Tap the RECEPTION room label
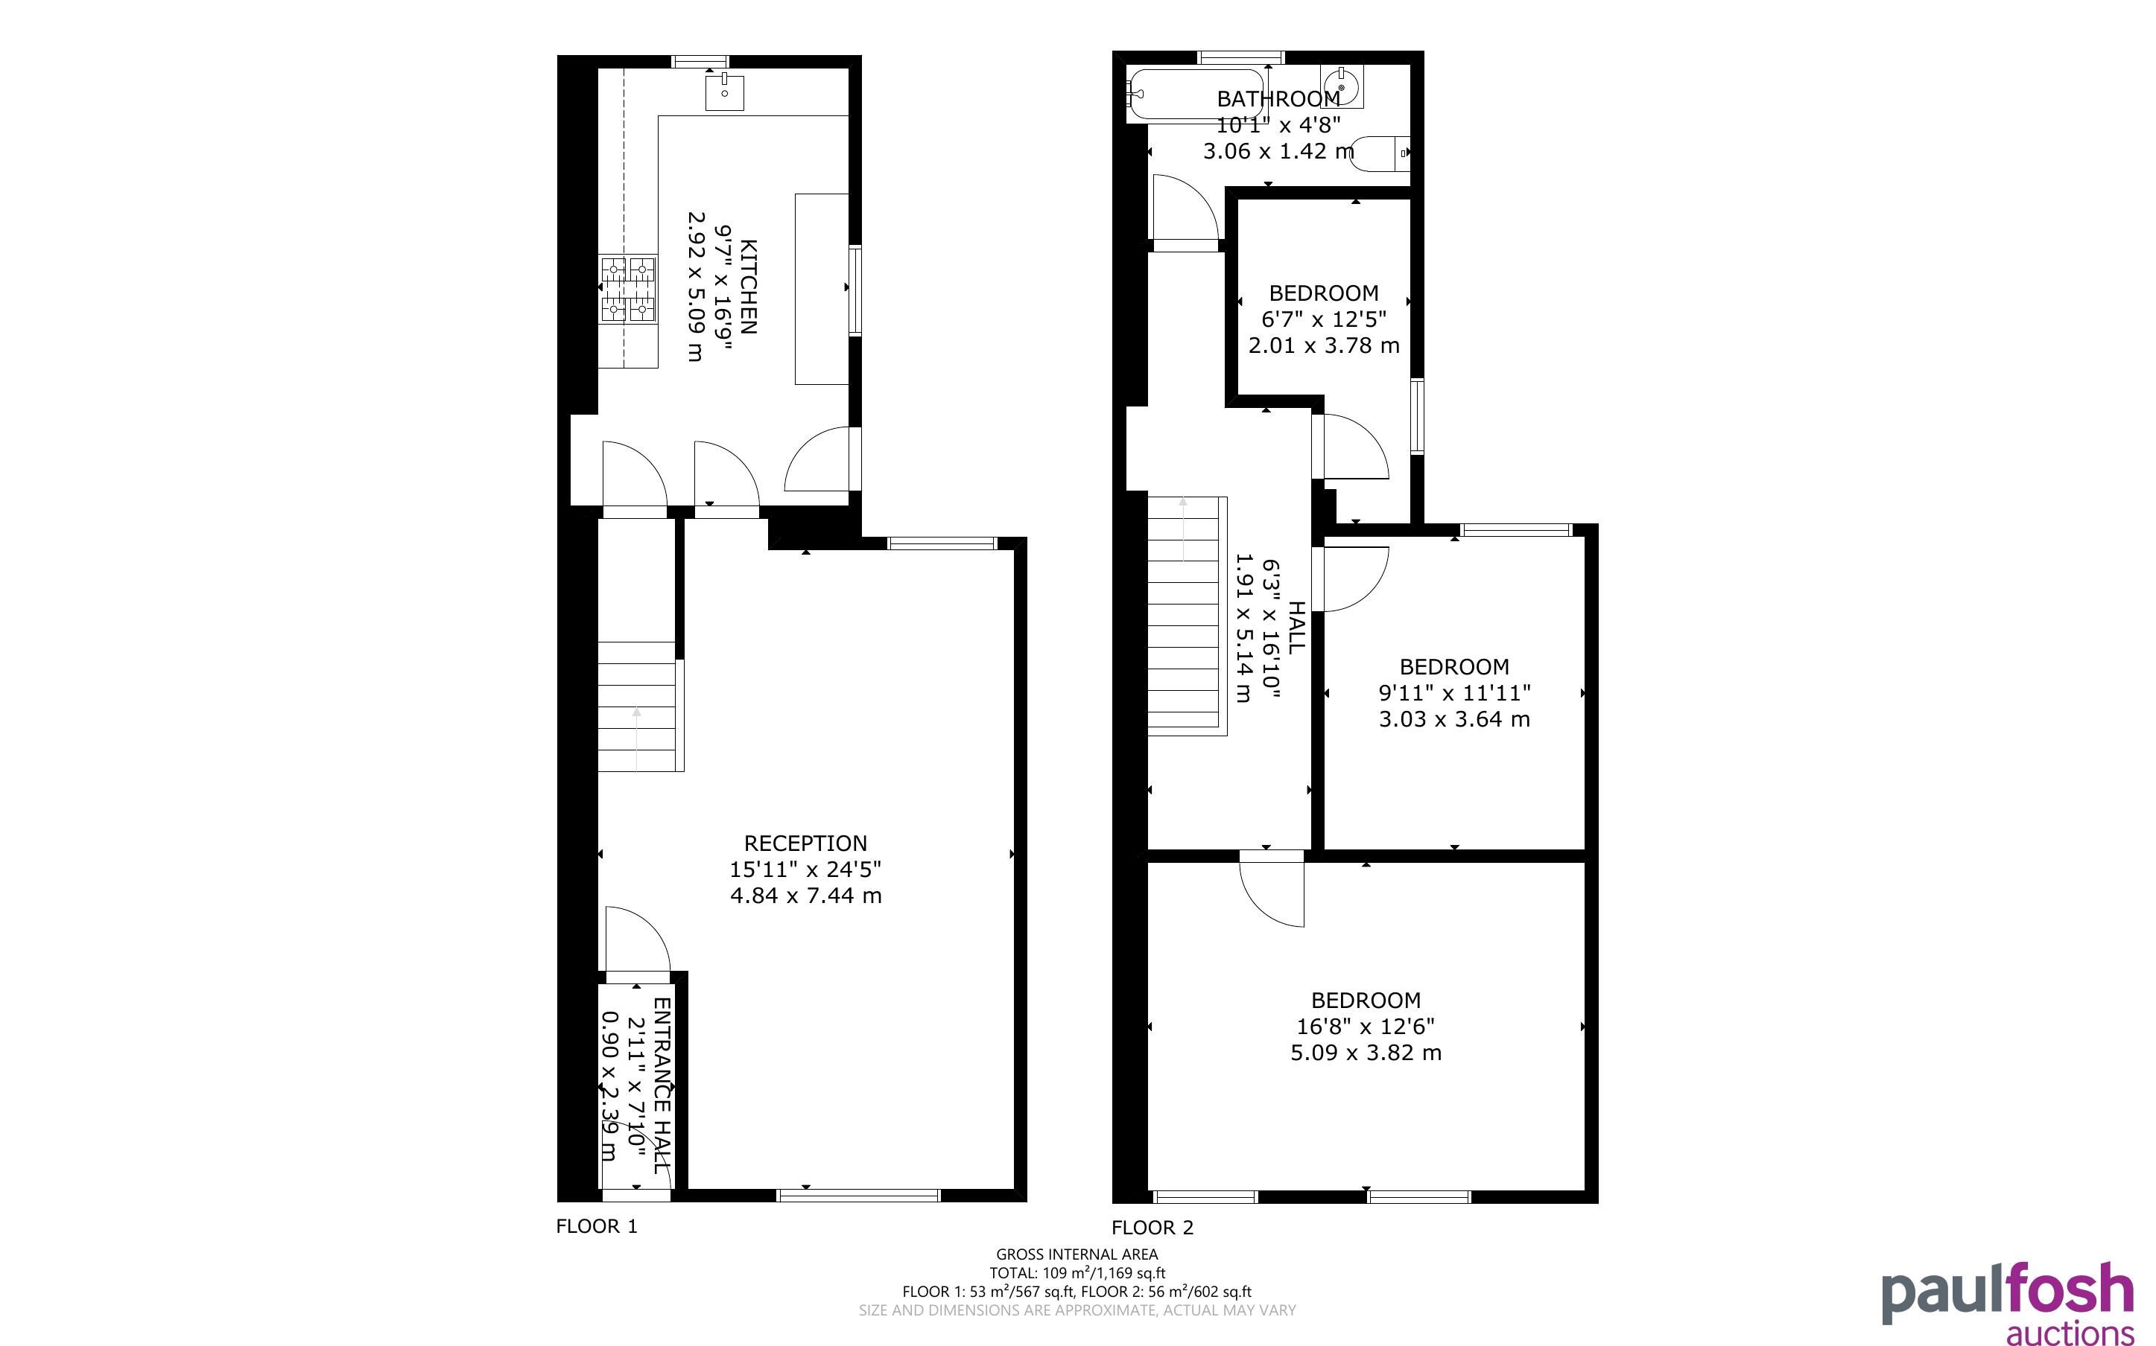805,843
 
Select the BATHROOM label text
1278,99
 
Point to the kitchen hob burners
630,290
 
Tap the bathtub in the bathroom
1194,95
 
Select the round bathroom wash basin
1342,87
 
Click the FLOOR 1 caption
597,1226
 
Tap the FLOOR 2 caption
1152,1228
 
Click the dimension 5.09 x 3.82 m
1366,1052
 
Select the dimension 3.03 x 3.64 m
1454,718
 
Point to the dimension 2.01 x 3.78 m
1323,345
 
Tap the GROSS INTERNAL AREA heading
1077,1255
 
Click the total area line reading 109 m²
1077,1273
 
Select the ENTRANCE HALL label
662,1085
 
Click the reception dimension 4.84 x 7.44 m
806,896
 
